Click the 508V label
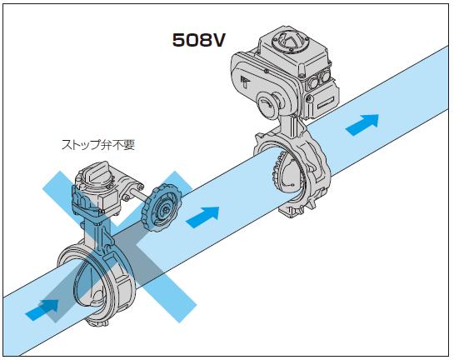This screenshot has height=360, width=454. pos(198,40)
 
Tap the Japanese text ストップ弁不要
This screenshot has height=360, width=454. pos(98,145)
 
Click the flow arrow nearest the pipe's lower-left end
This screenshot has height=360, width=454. pos(42,310)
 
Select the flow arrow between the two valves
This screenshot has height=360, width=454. pos(202,217)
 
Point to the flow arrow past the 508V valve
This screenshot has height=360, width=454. pos(362,125)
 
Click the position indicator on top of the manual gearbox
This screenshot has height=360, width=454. pos(96,173)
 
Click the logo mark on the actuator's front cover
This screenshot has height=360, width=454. pos(244,82)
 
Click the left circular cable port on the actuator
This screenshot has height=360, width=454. pos(314,83)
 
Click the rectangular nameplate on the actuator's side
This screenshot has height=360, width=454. pos(324,104)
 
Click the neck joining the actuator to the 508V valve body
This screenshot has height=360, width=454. pos(291,125)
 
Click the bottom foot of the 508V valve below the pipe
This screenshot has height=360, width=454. pos(292,211)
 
